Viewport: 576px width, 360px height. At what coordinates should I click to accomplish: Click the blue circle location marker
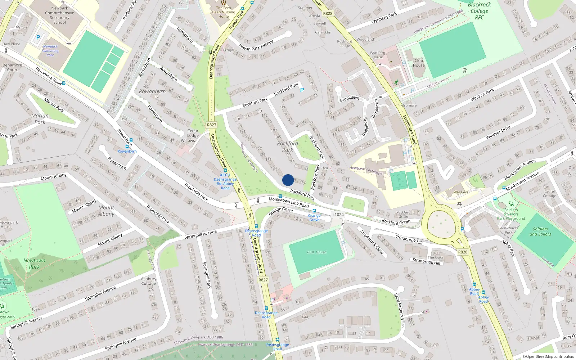point(288,180)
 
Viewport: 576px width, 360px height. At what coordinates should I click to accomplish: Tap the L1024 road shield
point(338,215)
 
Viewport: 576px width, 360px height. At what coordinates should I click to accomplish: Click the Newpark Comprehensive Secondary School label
point(60,15)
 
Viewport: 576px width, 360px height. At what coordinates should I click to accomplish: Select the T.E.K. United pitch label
point(316,252)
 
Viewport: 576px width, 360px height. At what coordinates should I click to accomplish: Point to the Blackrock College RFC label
point(479,11)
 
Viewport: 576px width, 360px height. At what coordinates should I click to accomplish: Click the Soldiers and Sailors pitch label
point(540,231)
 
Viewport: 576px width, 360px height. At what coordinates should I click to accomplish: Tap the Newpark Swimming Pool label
point(50,51)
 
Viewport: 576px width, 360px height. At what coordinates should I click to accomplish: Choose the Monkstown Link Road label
point(289,202)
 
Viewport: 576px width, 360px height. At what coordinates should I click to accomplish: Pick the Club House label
point(419,63)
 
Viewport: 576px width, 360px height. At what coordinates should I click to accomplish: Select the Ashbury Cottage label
point(149,281)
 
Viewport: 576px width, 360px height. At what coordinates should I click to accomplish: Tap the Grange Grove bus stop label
point(314,217)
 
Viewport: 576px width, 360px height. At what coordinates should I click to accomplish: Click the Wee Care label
point(461,192)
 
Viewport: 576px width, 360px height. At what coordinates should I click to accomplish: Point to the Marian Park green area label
point(40,119)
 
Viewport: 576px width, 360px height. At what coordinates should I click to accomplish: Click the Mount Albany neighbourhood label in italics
point(106,211)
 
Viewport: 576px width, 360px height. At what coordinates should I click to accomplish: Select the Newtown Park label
point(34,264)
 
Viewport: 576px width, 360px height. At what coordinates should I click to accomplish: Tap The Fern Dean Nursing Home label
point(224,12)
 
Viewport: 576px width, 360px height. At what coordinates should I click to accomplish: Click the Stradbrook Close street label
point(372,242)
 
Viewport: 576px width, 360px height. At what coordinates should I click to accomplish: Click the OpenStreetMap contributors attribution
point(548,356)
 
